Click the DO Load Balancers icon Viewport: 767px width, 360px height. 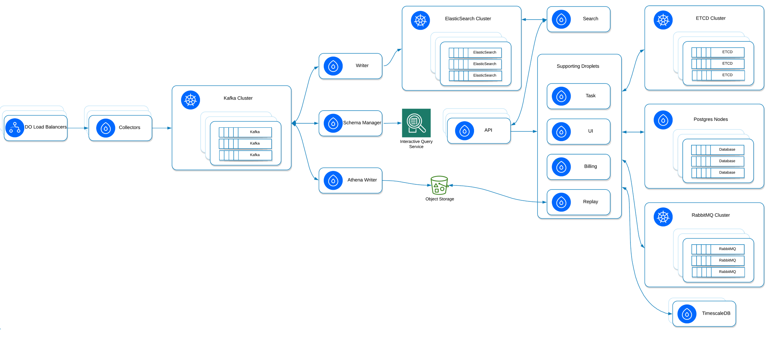tap(15, 128)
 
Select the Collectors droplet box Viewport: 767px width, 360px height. tap(120, 128)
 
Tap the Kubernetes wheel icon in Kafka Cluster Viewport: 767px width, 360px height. tap(191, 100)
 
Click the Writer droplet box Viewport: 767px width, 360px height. tap(350, 66)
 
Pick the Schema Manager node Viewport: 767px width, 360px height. tap(350, 123)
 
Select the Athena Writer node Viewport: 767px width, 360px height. tap(350, 180)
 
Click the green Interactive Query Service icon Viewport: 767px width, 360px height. tap(416, 123)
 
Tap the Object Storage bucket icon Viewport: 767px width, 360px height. tap(439, 185)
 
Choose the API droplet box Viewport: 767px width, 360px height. tap(479, 131)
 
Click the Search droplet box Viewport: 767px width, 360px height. tap(578, 19)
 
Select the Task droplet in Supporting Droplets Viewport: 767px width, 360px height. tap(578, 96)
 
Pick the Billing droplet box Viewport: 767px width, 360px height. tap(578, 167)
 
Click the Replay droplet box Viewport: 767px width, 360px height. tap(578, 202)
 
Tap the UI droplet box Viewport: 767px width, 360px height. tap(578, 131)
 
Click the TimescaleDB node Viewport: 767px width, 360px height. tap(704, 314)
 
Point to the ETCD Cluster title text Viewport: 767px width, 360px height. tap(710, 18)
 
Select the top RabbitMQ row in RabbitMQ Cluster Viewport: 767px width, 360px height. tap(718, 249)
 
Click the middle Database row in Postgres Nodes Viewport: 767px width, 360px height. tap(717, 161)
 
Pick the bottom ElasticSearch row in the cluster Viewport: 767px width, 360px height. tap(475, 75)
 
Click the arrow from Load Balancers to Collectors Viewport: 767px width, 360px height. tap(78, 128)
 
